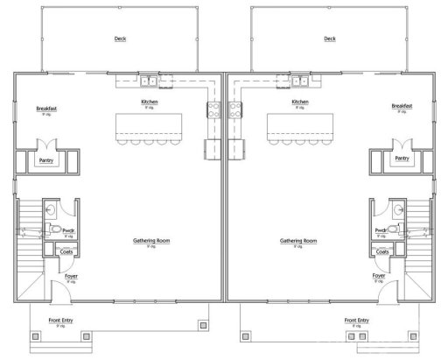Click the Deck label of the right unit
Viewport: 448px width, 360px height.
tap(329, 39)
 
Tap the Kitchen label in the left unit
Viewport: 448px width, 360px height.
tap(150, 102)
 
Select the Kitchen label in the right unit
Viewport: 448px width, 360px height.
tap(299, 102)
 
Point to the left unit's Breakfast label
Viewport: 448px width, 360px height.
tap(46, 108)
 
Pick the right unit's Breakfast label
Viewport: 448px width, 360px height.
tap(402, 108)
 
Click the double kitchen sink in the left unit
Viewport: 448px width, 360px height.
tap(150, 81)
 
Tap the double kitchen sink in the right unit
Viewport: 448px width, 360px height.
tap(299, 81)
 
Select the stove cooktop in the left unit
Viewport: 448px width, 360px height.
tap(213, 109)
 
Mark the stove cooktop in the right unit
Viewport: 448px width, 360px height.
tap(235, 109)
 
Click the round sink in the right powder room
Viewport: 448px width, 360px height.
tap(396, 209)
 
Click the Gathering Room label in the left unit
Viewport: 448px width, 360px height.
tap(150, 240)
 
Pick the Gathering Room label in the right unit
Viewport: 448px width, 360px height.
tap(298, 240)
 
